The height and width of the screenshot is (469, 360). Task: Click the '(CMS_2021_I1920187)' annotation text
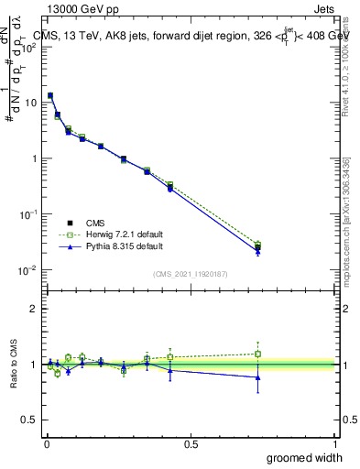[x=191, y=272]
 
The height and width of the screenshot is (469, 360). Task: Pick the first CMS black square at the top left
[x=50, y=95]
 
